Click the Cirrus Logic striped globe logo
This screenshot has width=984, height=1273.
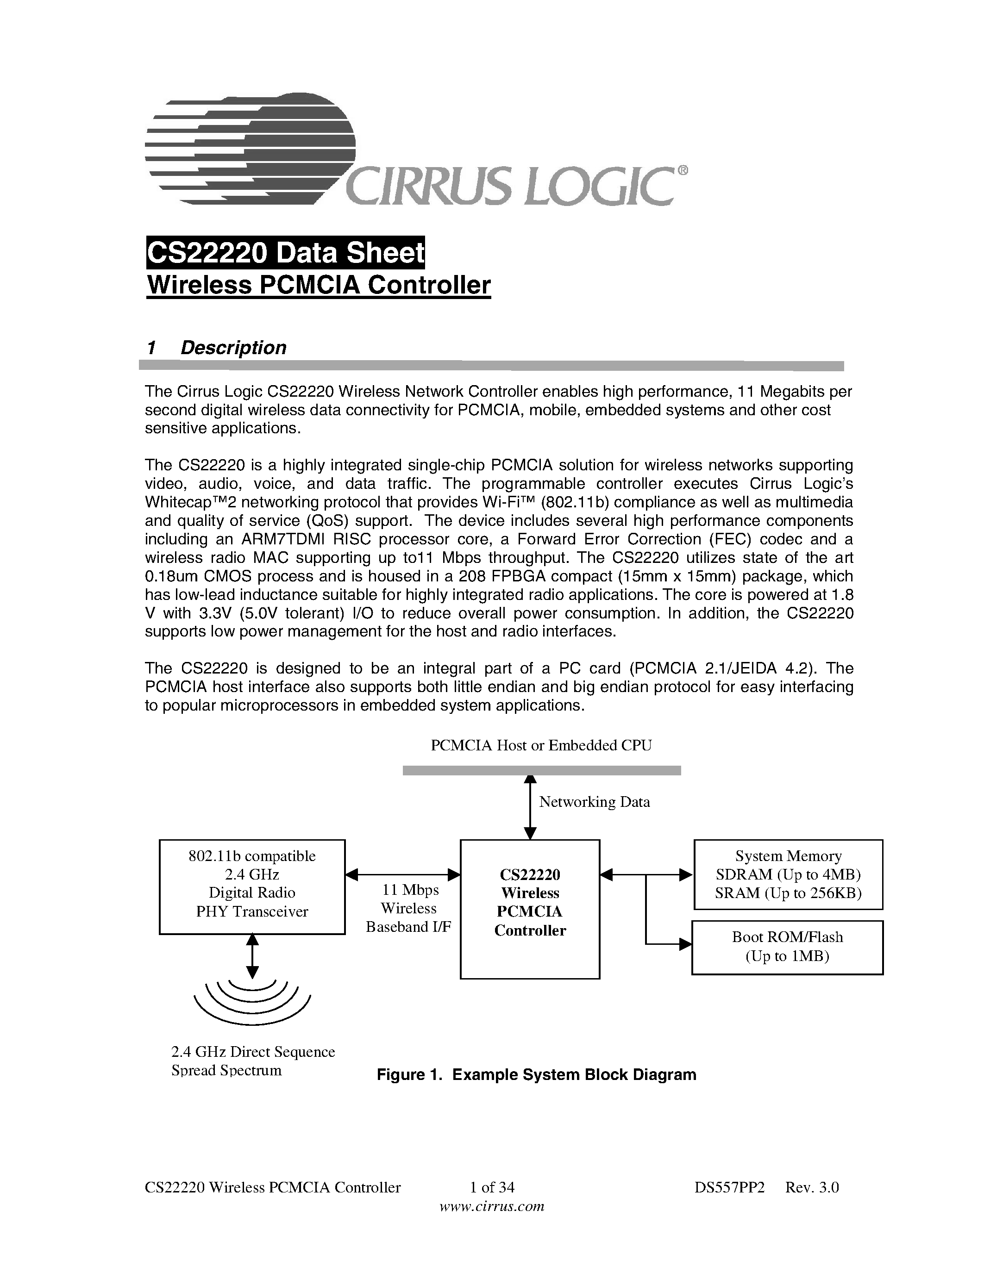251,149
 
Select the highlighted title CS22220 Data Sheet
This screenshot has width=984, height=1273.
285,253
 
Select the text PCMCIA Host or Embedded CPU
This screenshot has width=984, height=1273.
541,745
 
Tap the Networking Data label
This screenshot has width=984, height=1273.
594,802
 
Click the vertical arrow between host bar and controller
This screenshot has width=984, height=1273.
530,807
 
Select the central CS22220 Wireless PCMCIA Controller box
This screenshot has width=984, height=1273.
530,909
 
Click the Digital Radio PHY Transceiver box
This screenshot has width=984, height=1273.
252,886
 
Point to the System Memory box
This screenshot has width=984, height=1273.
788,874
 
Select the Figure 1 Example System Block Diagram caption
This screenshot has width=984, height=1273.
536,1075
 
